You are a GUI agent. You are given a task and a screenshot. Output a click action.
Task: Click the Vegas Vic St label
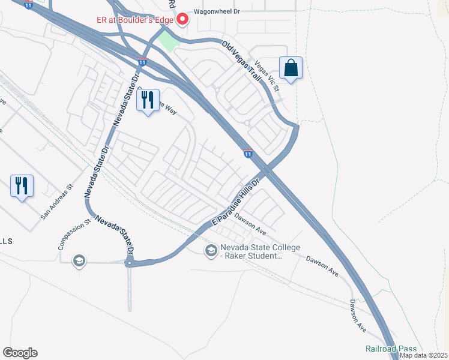coord(268,76)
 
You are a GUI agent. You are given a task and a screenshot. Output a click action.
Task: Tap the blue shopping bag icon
coord(291,68)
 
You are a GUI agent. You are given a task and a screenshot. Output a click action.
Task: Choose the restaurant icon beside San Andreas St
coord(22,185)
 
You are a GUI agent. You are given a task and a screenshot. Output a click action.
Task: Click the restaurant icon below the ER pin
coord(148,101)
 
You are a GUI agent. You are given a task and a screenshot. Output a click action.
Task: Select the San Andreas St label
coord(56,201)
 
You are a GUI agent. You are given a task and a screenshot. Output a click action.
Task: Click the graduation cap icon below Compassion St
coord(79,261)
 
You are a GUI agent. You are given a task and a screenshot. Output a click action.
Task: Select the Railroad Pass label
coord(391,349)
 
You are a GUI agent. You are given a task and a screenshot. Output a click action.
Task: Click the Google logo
coord(20,353)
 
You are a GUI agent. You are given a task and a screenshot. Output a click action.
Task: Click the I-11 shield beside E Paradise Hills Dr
coord(248,154)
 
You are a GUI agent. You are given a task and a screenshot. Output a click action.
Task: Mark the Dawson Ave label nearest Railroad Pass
coord(358,316)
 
